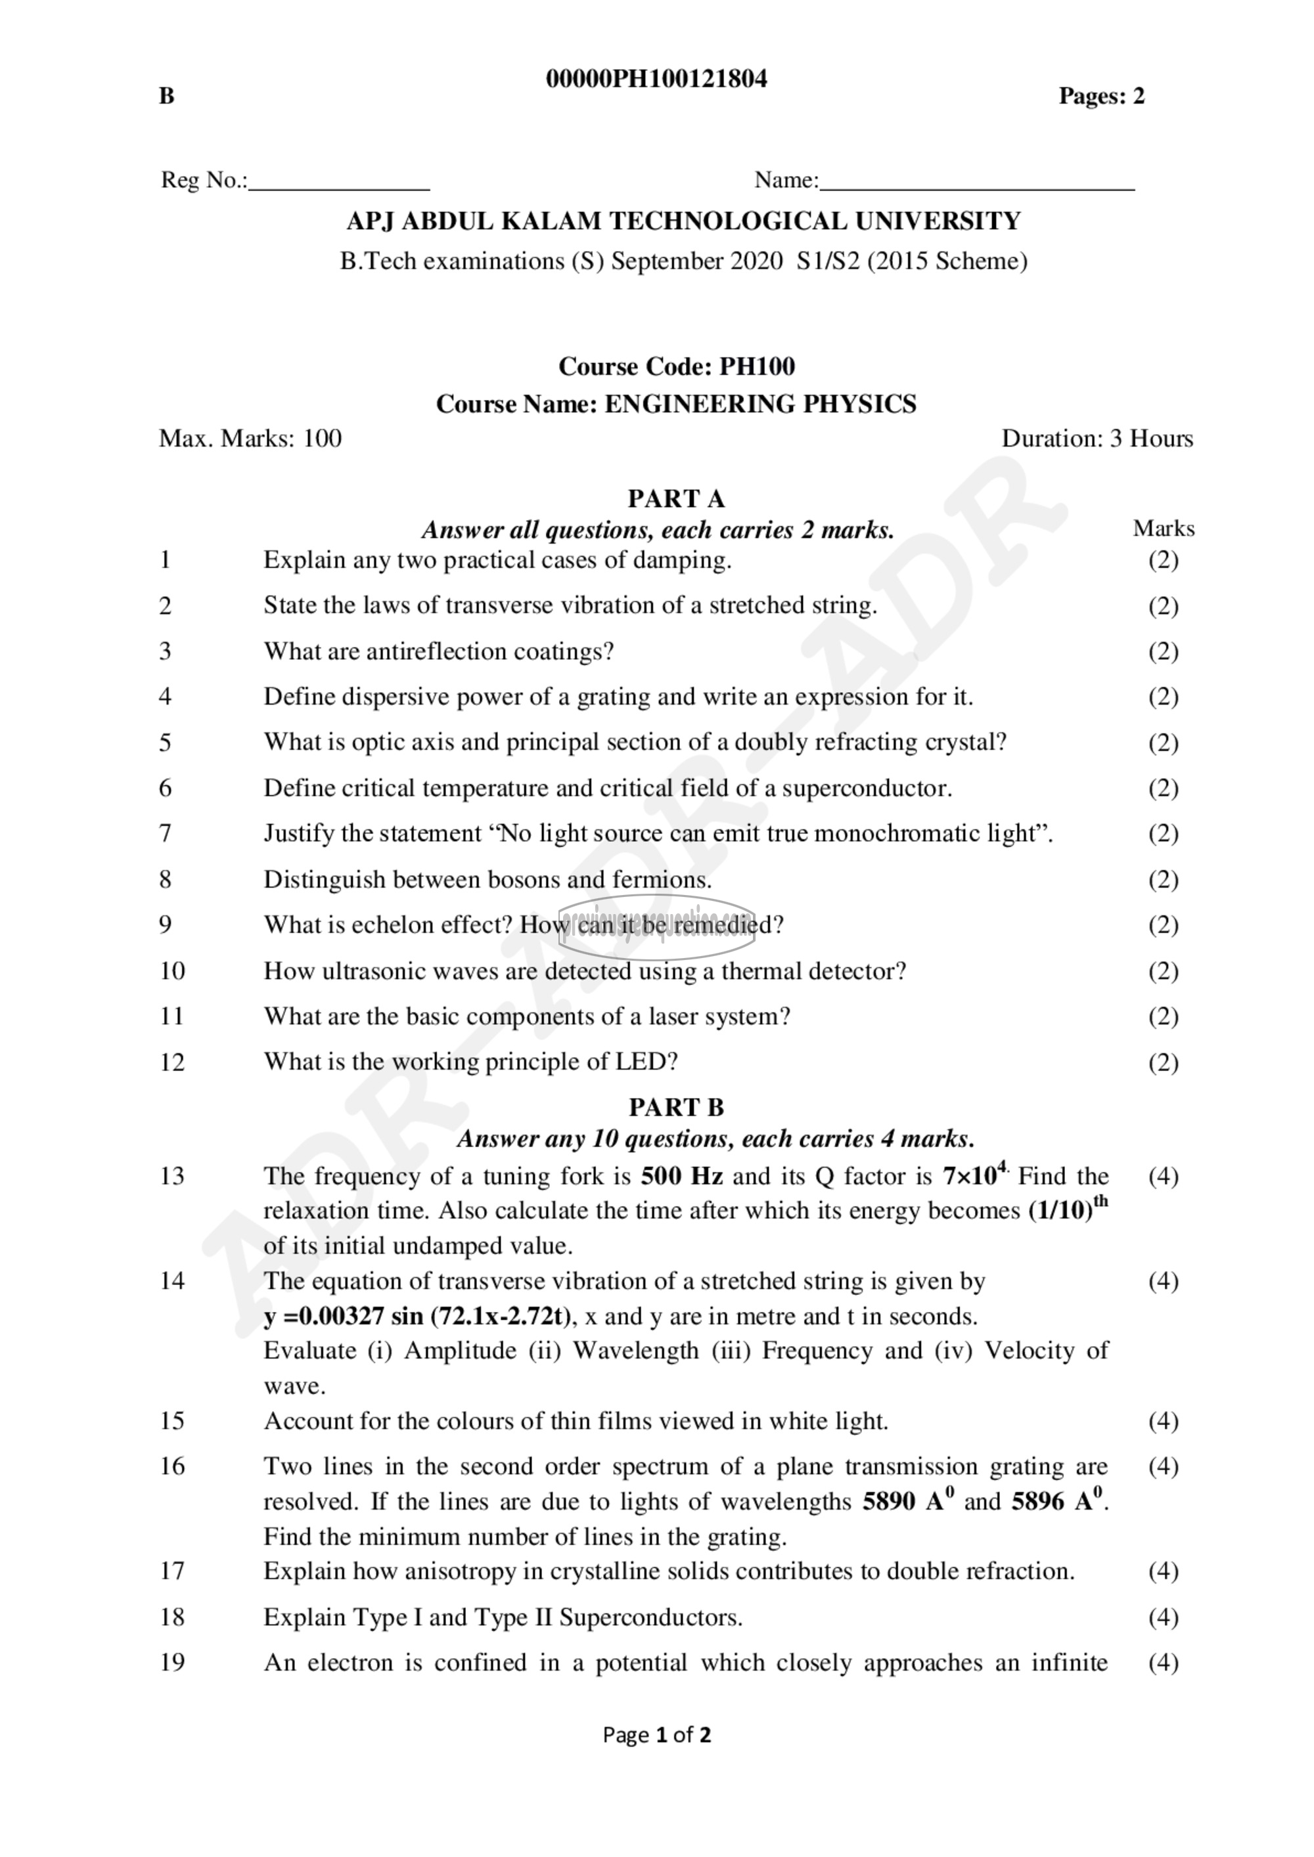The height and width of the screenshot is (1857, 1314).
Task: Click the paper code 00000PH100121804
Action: tap(656, 79)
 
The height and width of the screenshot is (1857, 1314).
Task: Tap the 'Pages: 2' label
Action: tap(1101, 97)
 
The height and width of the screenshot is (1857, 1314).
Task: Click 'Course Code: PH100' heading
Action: tap(677, 366)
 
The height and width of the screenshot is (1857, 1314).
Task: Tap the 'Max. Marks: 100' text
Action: tap(250, 439)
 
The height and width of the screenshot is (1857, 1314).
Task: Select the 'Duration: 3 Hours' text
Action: tap(1097, 439)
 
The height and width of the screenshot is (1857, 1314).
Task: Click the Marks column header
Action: tap(1163, 528)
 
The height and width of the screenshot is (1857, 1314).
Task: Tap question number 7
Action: tap(166, 833)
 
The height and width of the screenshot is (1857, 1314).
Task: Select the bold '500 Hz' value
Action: tap(681, 1176)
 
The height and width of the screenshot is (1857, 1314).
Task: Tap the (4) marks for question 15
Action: tap(1163, 1421)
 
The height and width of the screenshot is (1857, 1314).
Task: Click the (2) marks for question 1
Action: tap(1163, 559)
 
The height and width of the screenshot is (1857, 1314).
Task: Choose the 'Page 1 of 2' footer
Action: tap(656, 1735)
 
